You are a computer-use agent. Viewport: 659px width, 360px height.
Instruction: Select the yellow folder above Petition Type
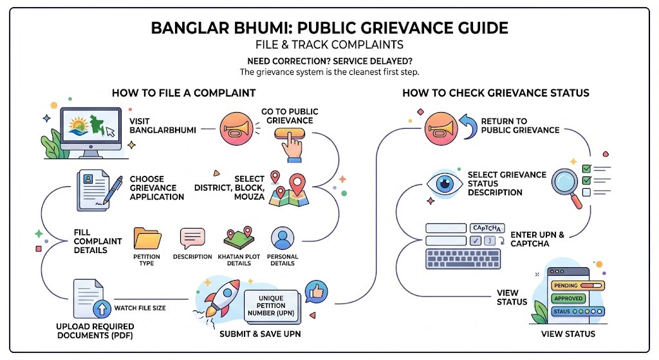tap(147, 238)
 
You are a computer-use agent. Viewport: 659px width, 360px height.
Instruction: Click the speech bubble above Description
tap(192, 238)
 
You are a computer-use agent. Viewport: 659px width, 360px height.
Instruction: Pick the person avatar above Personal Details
tap(283, 238)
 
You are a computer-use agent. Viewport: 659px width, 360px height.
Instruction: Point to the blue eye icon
tap(445, 183)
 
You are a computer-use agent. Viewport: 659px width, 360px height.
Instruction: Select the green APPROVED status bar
tap(568, 298)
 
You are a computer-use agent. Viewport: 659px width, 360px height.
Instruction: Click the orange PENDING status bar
tap(576, 285)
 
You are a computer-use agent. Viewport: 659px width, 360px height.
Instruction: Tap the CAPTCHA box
tap(488, 228)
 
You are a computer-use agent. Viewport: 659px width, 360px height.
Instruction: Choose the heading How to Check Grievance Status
tap(496, 93)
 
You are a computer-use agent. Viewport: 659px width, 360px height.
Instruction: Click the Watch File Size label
tap(140, 308)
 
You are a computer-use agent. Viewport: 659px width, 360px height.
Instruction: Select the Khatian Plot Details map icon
tap(238, 238)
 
